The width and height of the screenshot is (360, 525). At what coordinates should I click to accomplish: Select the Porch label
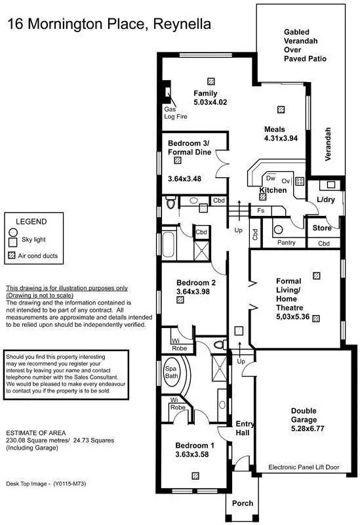[242, 503]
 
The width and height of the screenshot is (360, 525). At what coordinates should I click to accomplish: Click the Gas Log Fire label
[170, 112]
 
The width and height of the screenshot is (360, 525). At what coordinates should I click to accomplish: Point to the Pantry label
[287, 243]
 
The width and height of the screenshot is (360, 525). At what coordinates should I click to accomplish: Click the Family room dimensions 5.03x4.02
[209, 103]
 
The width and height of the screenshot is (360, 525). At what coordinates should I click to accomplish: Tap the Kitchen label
[273, 190]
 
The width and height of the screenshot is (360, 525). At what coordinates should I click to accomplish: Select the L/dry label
[325, 199]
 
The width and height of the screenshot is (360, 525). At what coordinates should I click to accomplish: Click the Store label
[321, 228]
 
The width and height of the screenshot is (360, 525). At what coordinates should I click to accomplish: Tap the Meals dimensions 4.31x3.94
[281, 138]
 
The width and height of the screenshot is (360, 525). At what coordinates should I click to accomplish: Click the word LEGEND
[31, 222]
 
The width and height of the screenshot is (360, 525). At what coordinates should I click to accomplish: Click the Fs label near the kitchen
[260, 211]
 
